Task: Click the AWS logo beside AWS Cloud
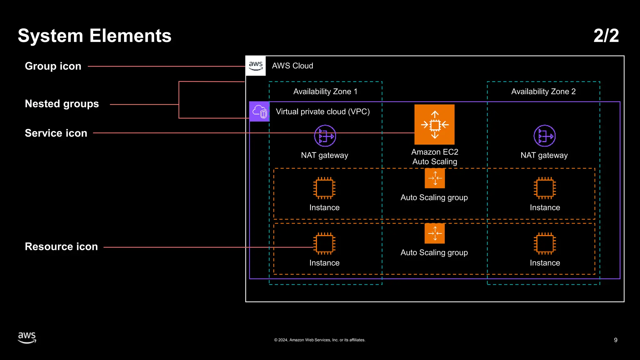pyautogui.click(x=256, y=66)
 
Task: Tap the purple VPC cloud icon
pyautogui.click(x=259, y=112)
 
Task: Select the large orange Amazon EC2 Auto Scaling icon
pyautogui.click(x=434, y=124)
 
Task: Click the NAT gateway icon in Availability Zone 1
pyautogui.click(x=325, y=136)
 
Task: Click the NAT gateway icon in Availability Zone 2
pyautogui.click(x=544, y=136)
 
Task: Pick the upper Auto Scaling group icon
pyautogui.click(x=435, y=178)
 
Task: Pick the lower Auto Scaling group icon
pyautogui.click(x=435, y=233)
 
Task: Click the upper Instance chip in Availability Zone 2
pyautogui.click(x=545, y=188)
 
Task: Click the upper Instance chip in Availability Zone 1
pyautogui.click(x=324, y=188)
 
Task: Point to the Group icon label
pyautogui.click(x=53, y=66)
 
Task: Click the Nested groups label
pyautogui.click(x=62, y=104)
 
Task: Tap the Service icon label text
pyautogui.click(x=56, y=133)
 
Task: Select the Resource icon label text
pyautogui.click(x=61, y=247)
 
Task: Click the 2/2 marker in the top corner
pyautogui.click(x=606, y=36)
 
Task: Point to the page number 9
pyautogui.click(x=616, y=340)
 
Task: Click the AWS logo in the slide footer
pyautogui.click(x=27, y=337)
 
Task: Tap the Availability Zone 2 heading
pyautogui.click(x=543, y=92)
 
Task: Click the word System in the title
pyautogui.click(x=50, y=36)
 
